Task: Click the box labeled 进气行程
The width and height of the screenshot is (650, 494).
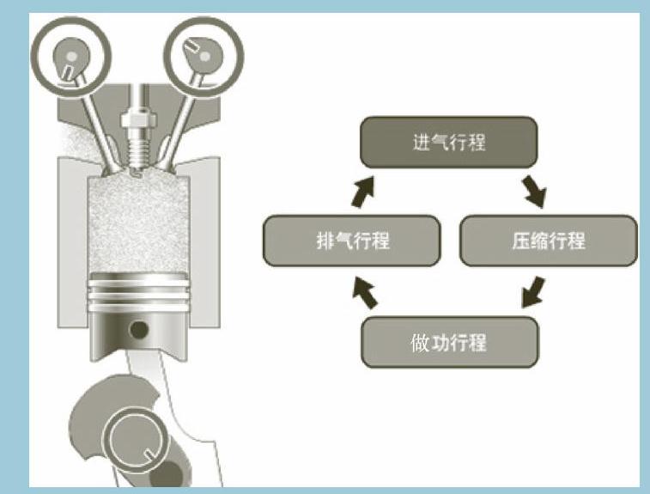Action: (448, 143)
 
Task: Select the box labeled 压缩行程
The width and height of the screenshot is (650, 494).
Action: (549, 241)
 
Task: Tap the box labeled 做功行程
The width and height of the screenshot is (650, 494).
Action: (450, 343)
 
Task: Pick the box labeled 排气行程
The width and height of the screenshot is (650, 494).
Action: (352, 241)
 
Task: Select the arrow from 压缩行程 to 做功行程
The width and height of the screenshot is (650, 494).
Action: (533, 291)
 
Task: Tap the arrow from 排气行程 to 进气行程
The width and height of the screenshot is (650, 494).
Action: (364, 192)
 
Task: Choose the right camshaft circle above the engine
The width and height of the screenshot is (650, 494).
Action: (204, 52)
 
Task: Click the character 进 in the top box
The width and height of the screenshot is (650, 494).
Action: (421, 143)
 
